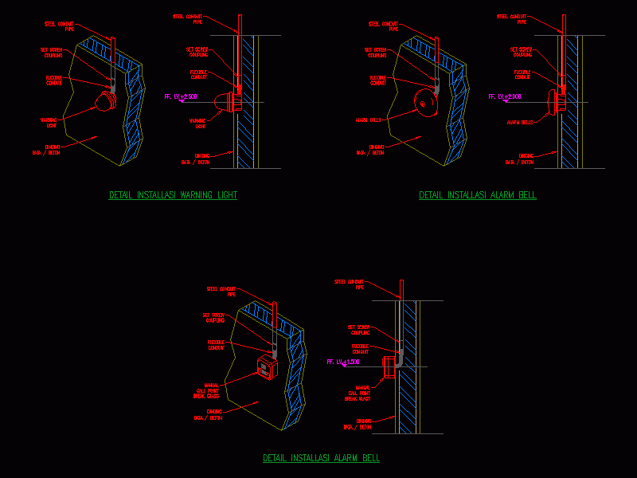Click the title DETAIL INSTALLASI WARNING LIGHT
click(173, 195)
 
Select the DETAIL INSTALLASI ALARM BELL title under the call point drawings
click(321, 458)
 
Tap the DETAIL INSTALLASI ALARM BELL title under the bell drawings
click(478, 195)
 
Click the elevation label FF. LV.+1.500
click(343, 362)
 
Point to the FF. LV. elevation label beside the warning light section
click(181, 96)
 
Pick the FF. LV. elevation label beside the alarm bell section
click(505, 96)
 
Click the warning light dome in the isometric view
click(104, 100)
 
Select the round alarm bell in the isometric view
click(426, 102)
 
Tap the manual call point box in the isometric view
click(265, 368)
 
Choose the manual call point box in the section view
click(389, 367)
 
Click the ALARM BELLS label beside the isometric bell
click(367, 120)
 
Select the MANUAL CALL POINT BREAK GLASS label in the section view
click(357, 394)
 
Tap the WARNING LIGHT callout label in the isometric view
click(50, 122)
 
